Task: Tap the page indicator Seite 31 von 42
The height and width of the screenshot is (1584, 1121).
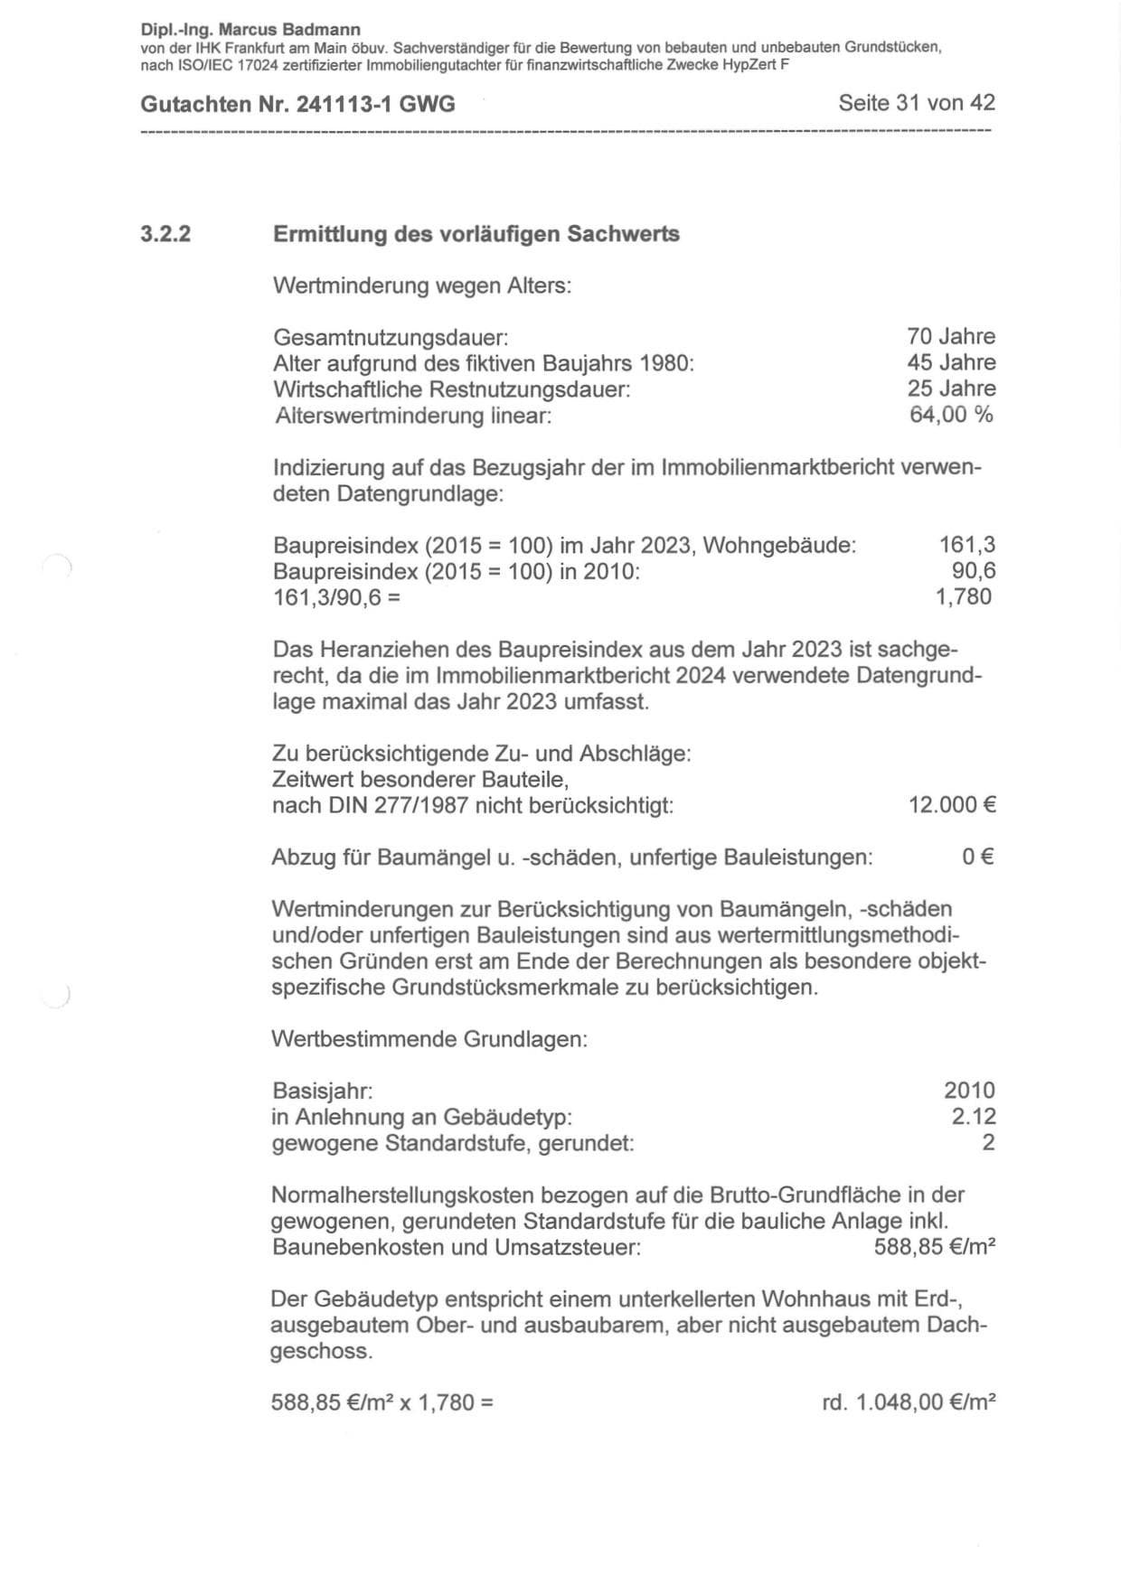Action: point(916,103)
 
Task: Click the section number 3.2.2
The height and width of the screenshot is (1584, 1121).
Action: point(165,235)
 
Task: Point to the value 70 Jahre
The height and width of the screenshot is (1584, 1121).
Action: point(950,337)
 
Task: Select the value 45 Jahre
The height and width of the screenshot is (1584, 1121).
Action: point(950,363)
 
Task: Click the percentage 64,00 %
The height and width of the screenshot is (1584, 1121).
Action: point(950,416)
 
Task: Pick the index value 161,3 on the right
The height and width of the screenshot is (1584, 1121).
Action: point(967,545)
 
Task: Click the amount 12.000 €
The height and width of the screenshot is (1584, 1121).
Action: point(952,805)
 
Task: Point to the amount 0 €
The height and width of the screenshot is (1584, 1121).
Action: point(979,858)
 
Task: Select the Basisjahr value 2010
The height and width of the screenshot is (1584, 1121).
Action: point(969,1092)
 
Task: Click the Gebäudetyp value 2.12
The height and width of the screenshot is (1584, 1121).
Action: point(973,1118)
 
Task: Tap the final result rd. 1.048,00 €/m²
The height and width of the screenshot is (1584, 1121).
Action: point(909,1403)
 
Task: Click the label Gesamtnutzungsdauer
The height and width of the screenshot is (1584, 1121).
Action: point(391,339)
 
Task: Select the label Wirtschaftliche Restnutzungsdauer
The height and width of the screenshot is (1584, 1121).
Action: point(451,390)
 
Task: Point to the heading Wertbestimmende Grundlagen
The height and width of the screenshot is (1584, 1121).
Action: point(429,1039)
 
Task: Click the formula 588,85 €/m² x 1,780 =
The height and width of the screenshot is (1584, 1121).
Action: point(382,1403)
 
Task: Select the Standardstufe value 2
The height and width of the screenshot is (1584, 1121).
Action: point(988,1143)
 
